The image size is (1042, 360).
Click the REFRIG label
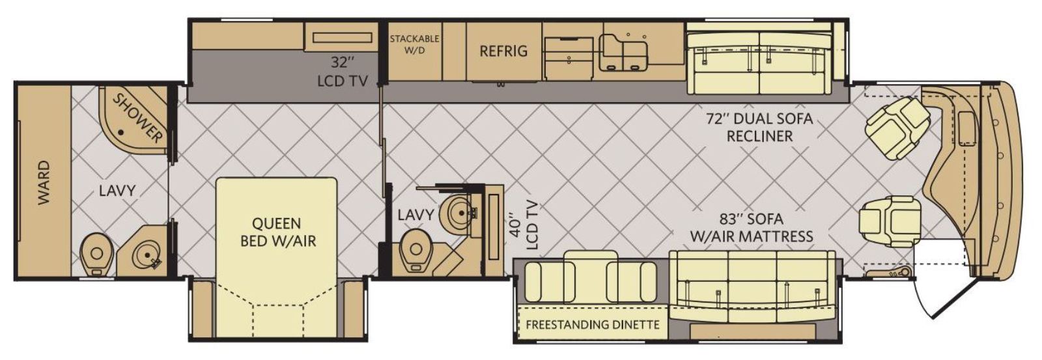503,51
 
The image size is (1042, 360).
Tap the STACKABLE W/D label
414,44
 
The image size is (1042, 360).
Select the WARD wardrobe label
44,182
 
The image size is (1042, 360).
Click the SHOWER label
138,118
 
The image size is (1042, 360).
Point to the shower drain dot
121,133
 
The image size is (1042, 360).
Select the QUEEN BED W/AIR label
277,232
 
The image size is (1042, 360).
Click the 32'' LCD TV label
343,72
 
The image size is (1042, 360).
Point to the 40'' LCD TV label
524,225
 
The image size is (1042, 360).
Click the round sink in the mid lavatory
460,213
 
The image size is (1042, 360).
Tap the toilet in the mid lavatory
415,252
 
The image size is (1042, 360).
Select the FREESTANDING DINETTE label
593,325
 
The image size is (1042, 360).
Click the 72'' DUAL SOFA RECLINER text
759,127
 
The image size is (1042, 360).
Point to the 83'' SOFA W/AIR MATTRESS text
752,227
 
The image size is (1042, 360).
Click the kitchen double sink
623,53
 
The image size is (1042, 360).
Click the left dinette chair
550,282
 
